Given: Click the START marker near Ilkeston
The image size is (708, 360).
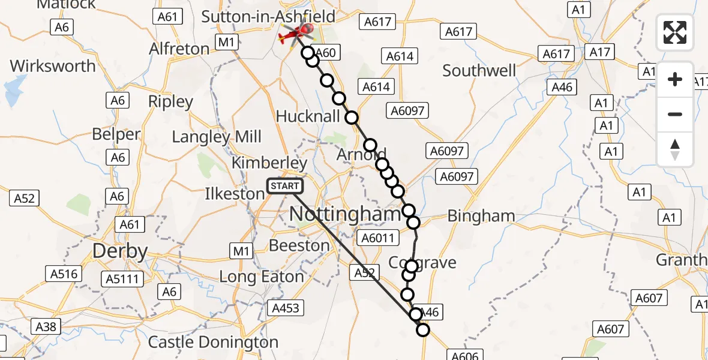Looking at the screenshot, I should (285, 187).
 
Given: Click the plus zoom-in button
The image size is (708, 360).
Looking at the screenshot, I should (675, 80).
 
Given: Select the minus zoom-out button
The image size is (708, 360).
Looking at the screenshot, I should (675, 114).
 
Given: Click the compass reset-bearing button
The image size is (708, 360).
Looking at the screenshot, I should (675, 149).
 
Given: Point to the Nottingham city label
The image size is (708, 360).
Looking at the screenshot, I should (344, 214).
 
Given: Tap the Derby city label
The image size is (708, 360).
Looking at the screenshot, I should (120, 251).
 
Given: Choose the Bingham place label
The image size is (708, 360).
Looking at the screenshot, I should (481, 215).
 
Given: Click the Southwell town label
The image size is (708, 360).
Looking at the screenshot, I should (479, 71).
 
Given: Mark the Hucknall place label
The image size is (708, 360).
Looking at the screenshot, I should (308, 116).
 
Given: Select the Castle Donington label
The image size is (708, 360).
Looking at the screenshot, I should (213, 343).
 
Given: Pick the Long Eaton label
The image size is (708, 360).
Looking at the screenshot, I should (262, 277).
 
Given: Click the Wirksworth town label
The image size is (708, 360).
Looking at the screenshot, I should (53, 66).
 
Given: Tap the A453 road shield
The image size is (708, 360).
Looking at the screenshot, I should (286, 308).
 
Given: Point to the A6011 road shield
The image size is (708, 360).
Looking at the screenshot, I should (378, 238).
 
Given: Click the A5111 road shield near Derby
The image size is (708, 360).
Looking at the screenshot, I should (122, 278).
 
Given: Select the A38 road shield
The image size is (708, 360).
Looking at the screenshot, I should (46, 326).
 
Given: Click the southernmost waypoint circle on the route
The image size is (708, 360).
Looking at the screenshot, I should (423, 329).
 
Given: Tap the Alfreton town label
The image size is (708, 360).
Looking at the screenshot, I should (179, 49).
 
